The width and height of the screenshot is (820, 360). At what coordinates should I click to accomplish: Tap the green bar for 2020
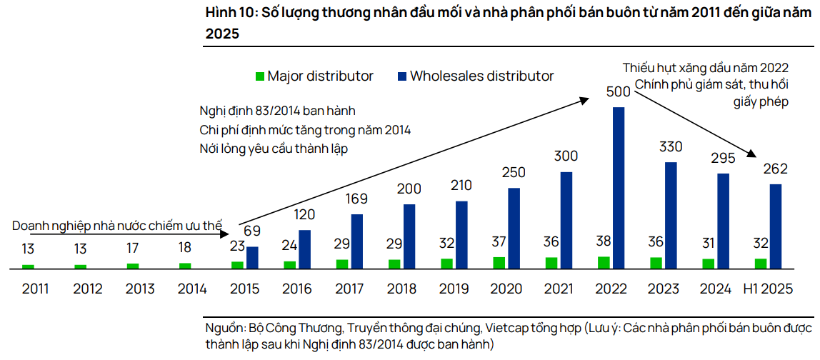499,262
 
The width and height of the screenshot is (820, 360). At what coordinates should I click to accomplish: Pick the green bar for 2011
28,266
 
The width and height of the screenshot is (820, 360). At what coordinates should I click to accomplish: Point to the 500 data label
618,91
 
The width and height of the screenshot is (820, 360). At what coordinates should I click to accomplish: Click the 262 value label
775,169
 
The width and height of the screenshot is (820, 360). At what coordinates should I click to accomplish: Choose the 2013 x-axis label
141,289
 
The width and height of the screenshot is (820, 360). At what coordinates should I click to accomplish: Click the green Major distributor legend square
260,76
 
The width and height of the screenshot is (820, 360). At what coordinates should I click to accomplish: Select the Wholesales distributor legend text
482,76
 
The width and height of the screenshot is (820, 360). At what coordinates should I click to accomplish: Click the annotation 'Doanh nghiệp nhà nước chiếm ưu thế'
117,226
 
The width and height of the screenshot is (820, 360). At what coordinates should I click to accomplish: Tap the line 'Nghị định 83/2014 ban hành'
277,111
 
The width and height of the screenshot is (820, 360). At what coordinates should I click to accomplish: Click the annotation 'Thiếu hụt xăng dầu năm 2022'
705,69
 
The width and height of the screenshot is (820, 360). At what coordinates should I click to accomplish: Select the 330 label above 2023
670,147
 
